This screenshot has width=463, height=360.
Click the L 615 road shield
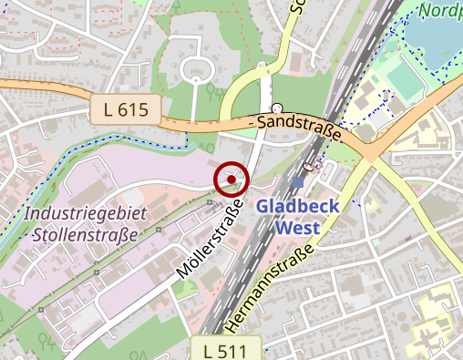[126, 110]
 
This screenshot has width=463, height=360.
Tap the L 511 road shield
[226, 349]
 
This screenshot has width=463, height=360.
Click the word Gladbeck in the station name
[297, 207]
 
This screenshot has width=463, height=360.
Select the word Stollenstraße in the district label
[84, 233]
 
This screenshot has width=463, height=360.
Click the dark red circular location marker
[231, 179]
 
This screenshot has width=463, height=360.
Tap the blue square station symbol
[298, 182]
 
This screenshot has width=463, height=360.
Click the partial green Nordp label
[441, 12]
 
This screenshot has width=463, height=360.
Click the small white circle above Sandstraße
[277, 108]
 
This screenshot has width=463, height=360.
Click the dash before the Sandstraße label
[252, 120]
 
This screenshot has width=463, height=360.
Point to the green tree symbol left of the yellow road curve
[211, 92]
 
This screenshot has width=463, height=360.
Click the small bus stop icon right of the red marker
[309, 167]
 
